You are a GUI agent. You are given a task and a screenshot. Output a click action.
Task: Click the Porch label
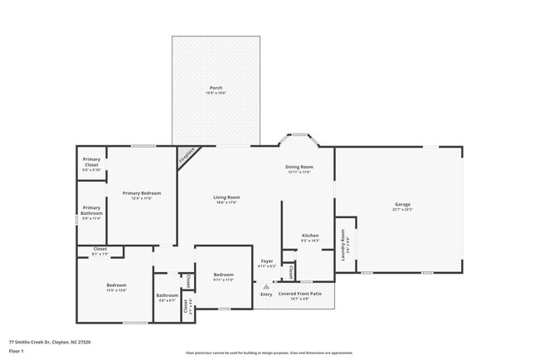point(216,88)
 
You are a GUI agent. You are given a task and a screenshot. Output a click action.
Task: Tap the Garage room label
point(403,204)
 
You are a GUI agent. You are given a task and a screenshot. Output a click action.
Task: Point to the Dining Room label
point(300,168)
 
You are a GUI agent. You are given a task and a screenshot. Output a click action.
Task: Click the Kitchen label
point(310,236)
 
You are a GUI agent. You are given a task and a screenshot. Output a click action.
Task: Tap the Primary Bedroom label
point(142,193)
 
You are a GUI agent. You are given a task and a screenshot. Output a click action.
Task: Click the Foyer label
point(267,262)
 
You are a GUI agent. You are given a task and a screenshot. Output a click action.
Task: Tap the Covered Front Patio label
point(299,294)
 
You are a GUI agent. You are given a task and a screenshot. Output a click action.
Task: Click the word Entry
point(266,294)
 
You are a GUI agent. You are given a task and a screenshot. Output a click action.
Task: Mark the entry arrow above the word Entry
point(266,285)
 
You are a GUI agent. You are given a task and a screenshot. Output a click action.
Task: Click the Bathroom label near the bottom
point(168,295)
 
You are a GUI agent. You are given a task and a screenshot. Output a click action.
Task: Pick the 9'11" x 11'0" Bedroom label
point(224,275)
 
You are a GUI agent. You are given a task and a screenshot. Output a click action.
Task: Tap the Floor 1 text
point(17,351)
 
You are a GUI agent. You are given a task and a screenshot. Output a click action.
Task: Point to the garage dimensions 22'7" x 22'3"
point(403,210)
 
